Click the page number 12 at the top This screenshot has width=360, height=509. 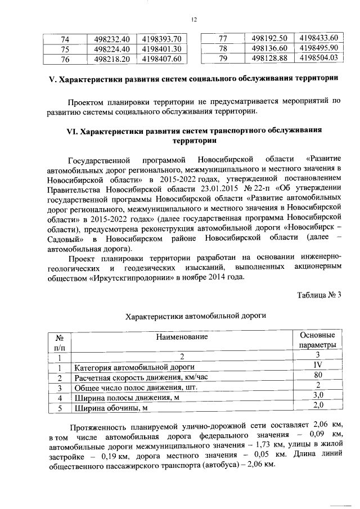click(193, 20)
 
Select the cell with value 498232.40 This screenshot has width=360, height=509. click(112, 39)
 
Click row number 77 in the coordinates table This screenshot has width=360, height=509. click(222, 38)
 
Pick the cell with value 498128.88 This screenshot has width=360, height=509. click(270, 57)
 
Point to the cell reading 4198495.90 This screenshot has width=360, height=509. click(318, 48)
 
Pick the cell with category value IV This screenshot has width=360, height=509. click(317, 365)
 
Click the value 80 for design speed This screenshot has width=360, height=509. click(317, 375)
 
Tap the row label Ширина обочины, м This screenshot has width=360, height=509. click(110, 407)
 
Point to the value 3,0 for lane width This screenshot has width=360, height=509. click(317, 395)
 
